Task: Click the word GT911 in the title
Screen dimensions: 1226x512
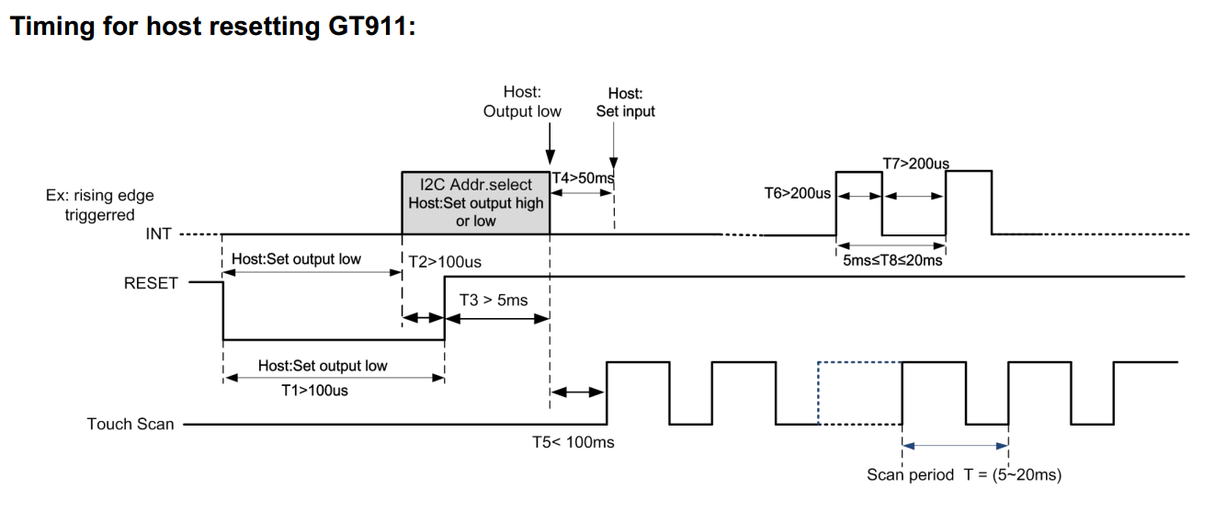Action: [x=371, y=26]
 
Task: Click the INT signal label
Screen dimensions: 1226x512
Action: [x=158, y=233]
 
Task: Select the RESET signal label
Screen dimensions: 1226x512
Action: [x=151, y=283]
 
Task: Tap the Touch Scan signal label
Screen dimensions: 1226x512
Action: [x=131, y=424]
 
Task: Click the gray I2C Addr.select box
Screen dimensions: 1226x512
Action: [x=476, y=202]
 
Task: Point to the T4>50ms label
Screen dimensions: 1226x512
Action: [x=583, y=178]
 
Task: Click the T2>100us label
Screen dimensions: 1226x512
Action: [x=445, y=262]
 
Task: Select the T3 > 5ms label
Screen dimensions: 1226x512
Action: [x=494, y=300]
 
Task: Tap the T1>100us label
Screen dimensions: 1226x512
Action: [x=314, y=391]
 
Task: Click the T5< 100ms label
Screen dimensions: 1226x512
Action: [x=573, y=442]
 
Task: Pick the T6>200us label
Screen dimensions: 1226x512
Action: [x=798, y=193]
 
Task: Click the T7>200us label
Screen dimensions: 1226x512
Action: [x=915, y=164]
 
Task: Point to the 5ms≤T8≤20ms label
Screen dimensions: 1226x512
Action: [x=892, y=260]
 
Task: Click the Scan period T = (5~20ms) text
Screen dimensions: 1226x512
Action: [x=964, y=474]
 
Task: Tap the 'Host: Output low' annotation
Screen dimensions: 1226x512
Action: [x=522, y=101]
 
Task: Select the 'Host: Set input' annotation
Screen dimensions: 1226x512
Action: [x=625, y=102]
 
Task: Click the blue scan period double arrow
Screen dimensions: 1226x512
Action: [x=955, y=446]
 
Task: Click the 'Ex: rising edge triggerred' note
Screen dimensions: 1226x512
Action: [x=99, y=205]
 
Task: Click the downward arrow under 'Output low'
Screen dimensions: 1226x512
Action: [x=551, y=142]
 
